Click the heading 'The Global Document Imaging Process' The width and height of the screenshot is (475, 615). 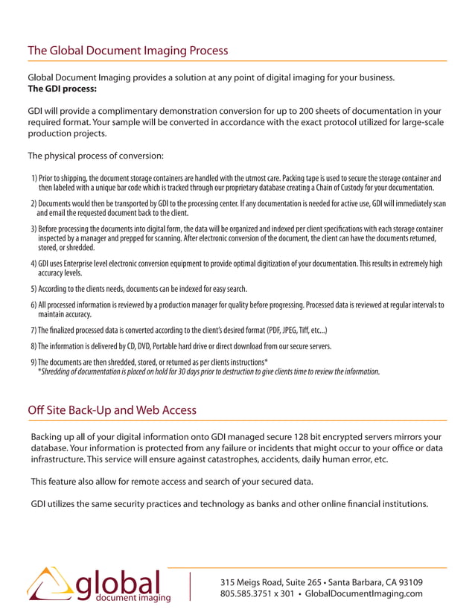127,51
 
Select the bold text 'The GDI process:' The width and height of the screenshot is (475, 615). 62,89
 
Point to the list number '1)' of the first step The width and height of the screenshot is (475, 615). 35,179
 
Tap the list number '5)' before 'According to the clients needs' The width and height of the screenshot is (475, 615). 34,289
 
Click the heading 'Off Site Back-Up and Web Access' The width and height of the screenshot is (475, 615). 112,410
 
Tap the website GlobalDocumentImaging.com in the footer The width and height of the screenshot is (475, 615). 364,593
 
